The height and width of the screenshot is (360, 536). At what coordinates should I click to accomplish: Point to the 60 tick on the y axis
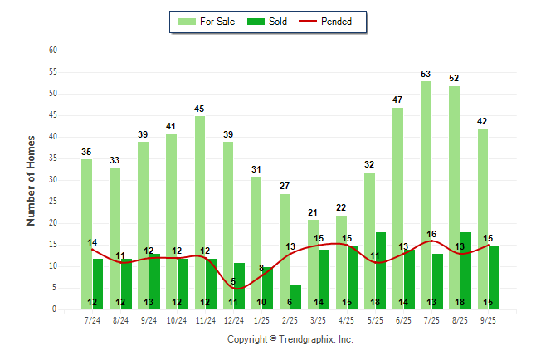[x=52, y=51]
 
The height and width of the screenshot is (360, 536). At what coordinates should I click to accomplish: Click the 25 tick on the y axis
[x=52, y=202]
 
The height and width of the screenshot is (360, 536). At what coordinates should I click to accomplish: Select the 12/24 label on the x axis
[x=233, y=320]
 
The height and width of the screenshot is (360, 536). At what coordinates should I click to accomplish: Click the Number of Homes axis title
[x=32, y=180]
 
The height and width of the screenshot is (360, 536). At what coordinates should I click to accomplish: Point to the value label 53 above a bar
[x=426, y=75]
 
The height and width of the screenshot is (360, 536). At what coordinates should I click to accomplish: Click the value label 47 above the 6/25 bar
[x=397, y=100]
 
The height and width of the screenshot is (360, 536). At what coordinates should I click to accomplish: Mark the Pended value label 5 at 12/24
[x=232, y=282]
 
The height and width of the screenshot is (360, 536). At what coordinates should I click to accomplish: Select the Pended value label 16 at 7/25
[x=431, y=235]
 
